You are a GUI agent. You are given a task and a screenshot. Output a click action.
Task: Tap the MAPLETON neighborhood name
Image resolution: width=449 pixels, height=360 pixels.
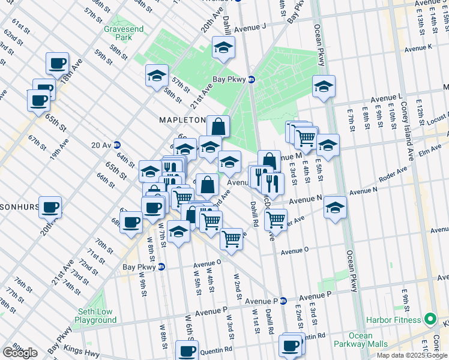pos(182,120)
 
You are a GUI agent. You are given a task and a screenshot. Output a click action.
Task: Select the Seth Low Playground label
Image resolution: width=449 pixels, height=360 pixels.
pos(96,316)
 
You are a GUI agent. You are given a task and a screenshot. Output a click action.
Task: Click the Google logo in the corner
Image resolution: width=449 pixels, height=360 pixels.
pos(20,352)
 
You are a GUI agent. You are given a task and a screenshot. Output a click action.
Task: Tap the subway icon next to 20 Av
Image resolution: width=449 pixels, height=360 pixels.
pos(118,145)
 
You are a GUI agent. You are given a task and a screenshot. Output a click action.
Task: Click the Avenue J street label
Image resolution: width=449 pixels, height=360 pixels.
pos(250,28)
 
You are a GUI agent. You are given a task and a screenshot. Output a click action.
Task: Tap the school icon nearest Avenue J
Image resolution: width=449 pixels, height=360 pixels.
pos(223,47)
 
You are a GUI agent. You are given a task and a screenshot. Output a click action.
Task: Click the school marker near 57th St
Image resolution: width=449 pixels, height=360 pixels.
pos(157,76)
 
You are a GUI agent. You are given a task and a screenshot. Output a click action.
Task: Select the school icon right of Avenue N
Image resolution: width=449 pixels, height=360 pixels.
pos(335,208)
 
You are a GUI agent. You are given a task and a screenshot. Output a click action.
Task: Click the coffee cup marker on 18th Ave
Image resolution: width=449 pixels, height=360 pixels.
pos(58,63)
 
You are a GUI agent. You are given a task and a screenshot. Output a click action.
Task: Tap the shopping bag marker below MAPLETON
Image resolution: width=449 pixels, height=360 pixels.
pos(218,126)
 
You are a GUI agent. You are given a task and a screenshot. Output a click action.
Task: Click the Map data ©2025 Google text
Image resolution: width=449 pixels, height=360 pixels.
pos(411,355)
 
